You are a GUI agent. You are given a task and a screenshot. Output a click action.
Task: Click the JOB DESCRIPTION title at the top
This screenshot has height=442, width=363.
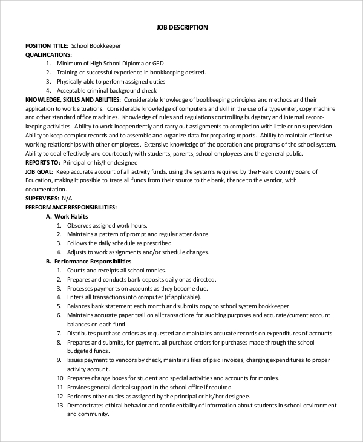(181, 27)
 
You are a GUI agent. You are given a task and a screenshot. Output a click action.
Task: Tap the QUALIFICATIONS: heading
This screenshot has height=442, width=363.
(48, 54)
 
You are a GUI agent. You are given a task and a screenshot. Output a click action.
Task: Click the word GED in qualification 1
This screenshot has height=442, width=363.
(158, 63)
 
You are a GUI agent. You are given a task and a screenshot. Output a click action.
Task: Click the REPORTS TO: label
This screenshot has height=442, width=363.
(42, 162)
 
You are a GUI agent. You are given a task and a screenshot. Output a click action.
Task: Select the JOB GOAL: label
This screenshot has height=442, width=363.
(39, 171)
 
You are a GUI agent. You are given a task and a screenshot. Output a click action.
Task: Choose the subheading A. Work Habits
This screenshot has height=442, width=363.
(67, 216)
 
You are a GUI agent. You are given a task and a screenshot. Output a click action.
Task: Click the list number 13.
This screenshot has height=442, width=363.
(60, 405)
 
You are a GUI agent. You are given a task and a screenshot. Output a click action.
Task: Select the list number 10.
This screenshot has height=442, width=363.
(60, 378)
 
